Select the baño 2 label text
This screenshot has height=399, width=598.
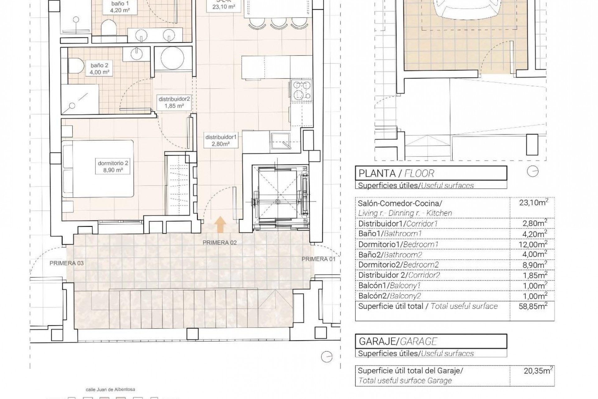pyautogui.click(x=99, y=69)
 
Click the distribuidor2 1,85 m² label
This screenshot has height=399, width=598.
pyautogui.click(x=174, y=102)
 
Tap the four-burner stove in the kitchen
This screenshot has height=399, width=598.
pyautogui.click(x=301, y=90)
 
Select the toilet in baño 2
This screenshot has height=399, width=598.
pyautogui.click(x=76, y=66)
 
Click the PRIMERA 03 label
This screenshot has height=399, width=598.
pyautogui.click(x=67, y=263)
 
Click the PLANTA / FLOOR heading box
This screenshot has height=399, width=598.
pyautogui.click(x=431, y=173)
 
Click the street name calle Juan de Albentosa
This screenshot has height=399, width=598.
pyautogui.click(x=110, y=390)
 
